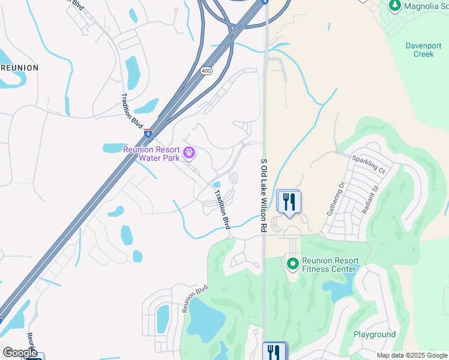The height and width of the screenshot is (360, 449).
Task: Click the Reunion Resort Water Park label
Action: pos(151,154)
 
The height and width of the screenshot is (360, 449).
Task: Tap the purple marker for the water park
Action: pos(190,154)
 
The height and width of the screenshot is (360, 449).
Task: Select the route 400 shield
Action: pos(206,71)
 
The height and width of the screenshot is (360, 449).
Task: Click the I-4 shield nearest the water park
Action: pos(148,133)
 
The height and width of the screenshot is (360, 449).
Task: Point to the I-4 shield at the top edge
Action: pos(264,2)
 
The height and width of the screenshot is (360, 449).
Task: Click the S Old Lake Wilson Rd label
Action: pos(263,196)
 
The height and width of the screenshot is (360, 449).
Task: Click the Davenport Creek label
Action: pos(423,49)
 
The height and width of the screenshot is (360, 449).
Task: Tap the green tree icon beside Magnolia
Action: pos(394,6)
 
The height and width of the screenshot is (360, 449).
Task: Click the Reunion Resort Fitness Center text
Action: pos(330,265)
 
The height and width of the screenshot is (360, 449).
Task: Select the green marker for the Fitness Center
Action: pos(292,263)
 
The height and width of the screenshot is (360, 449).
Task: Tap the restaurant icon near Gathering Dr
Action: pos(289,202)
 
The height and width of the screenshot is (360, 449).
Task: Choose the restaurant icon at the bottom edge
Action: pos(275,351)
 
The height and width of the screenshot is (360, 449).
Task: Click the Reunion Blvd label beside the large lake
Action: pos(194,298)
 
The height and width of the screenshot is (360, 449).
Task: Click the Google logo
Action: pos(19,353)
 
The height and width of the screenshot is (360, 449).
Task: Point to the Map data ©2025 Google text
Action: pos(412,355)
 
